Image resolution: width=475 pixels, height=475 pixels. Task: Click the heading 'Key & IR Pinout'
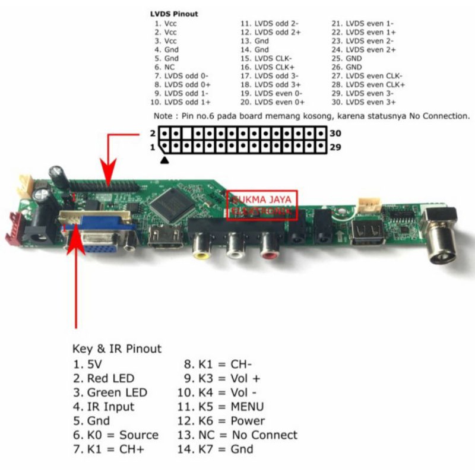coord(117,349)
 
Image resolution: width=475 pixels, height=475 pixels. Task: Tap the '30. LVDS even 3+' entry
coord(363,102)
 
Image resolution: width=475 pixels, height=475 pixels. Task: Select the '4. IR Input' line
coord(104,407)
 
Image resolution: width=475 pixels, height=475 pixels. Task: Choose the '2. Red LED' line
coord(104,378)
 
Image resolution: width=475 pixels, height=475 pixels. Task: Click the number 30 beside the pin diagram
coord(335,133)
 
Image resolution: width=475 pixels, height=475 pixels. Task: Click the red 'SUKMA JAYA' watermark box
coord(262,205)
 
